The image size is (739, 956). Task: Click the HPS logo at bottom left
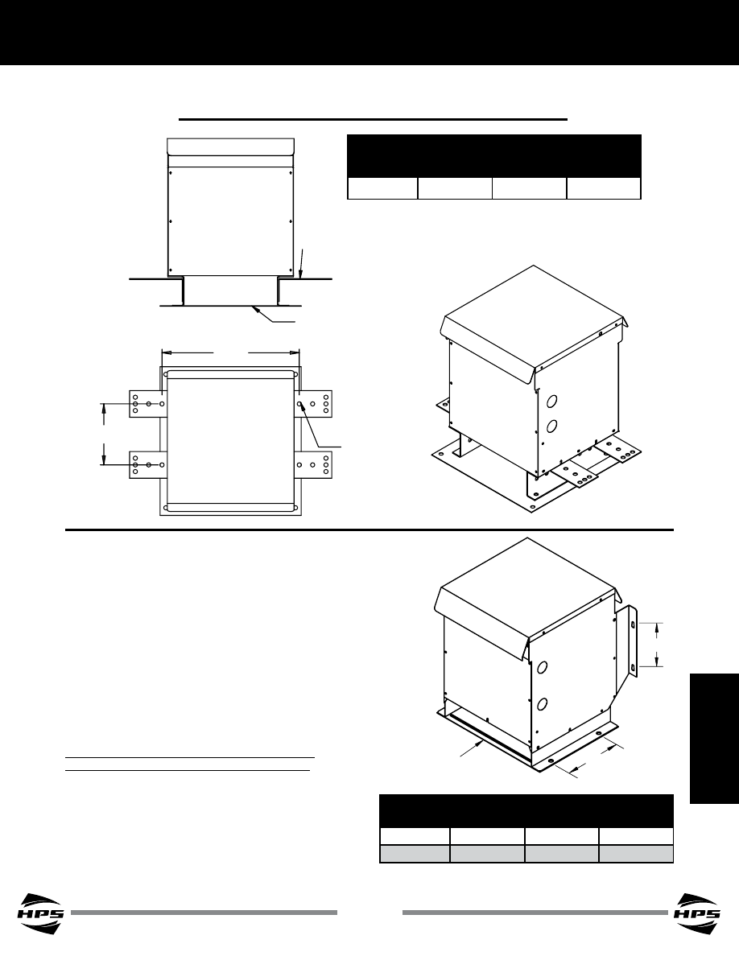[41, 913]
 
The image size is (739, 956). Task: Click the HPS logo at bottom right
[697, 913]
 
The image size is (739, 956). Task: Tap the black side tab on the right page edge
[714, 739]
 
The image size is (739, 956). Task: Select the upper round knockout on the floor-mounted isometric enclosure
[552, 402]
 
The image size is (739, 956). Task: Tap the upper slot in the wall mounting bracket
[633, 625]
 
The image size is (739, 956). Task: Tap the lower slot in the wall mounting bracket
[633, 668]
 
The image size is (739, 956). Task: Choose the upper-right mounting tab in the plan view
[313, 404]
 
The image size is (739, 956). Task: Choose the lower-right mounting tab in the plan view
[313, 464]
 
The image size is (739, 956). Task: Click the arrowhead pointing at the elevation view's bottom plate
[256, 309]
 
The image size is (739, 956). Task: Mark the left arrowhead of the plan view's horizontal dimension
[165, 352]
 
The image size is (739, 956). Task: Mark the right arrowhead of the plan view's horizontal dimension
[295, 352]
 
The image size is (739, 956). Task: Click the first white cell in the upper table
[382, 188]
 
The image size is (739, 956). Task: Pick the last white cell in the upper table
[604, 188]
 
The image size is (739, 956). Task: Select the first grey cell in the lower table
[415, 854]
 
